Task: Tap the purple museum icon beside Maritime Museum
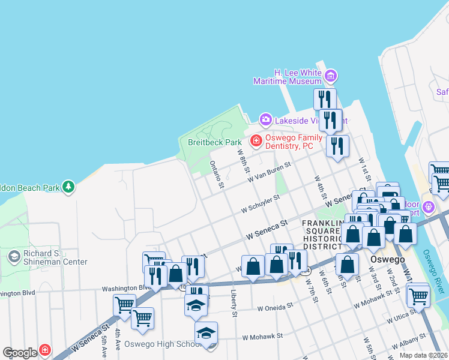[x=331, y=76]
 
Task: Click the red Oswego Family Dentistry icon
[x=256, y=141]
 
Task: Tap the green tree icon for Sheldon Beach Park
[x=70, y=187]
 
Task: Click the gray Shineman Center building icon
[x=13, y=257]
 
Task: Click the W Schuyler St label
[x=260, y=203]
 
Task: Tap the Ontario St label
[x=217, y=174]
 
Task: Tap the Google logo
[x=20, y=353]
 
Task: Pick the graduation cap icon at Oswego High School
[x=206, y=332]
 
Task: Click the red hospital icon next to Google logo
[x=45, y=350]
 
